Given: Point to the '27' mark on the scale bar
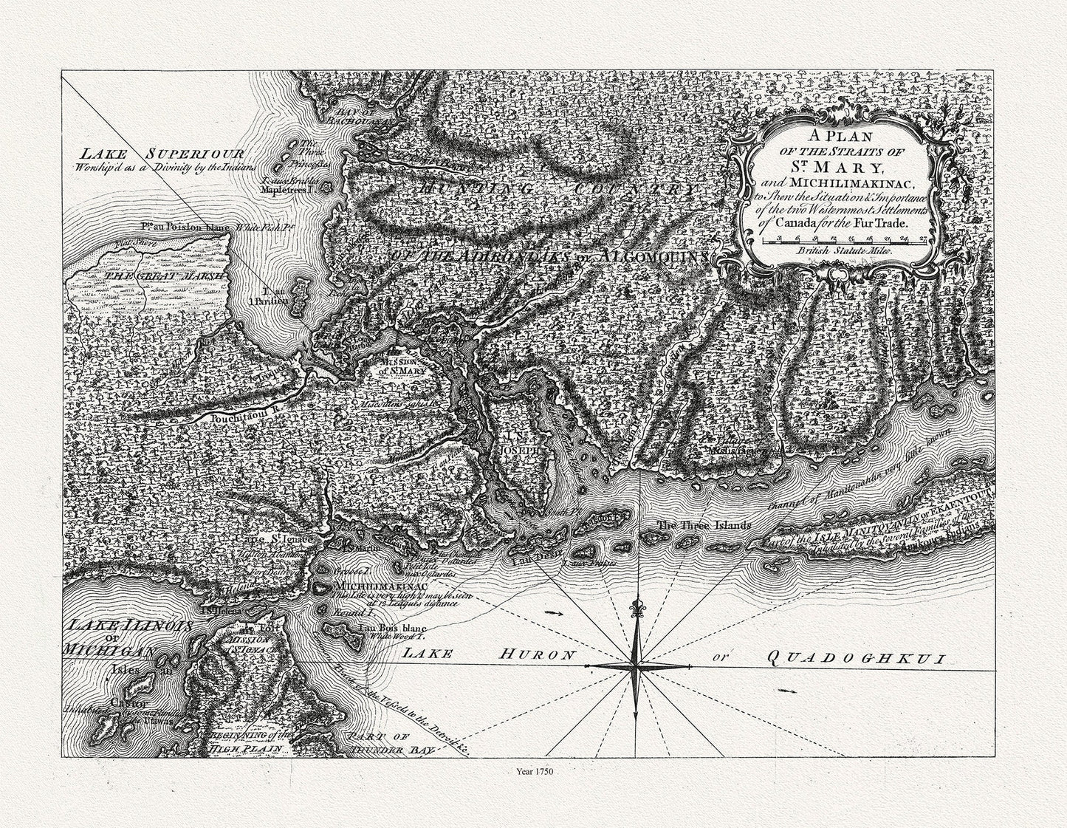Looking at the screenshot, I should tap(923, 238).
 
